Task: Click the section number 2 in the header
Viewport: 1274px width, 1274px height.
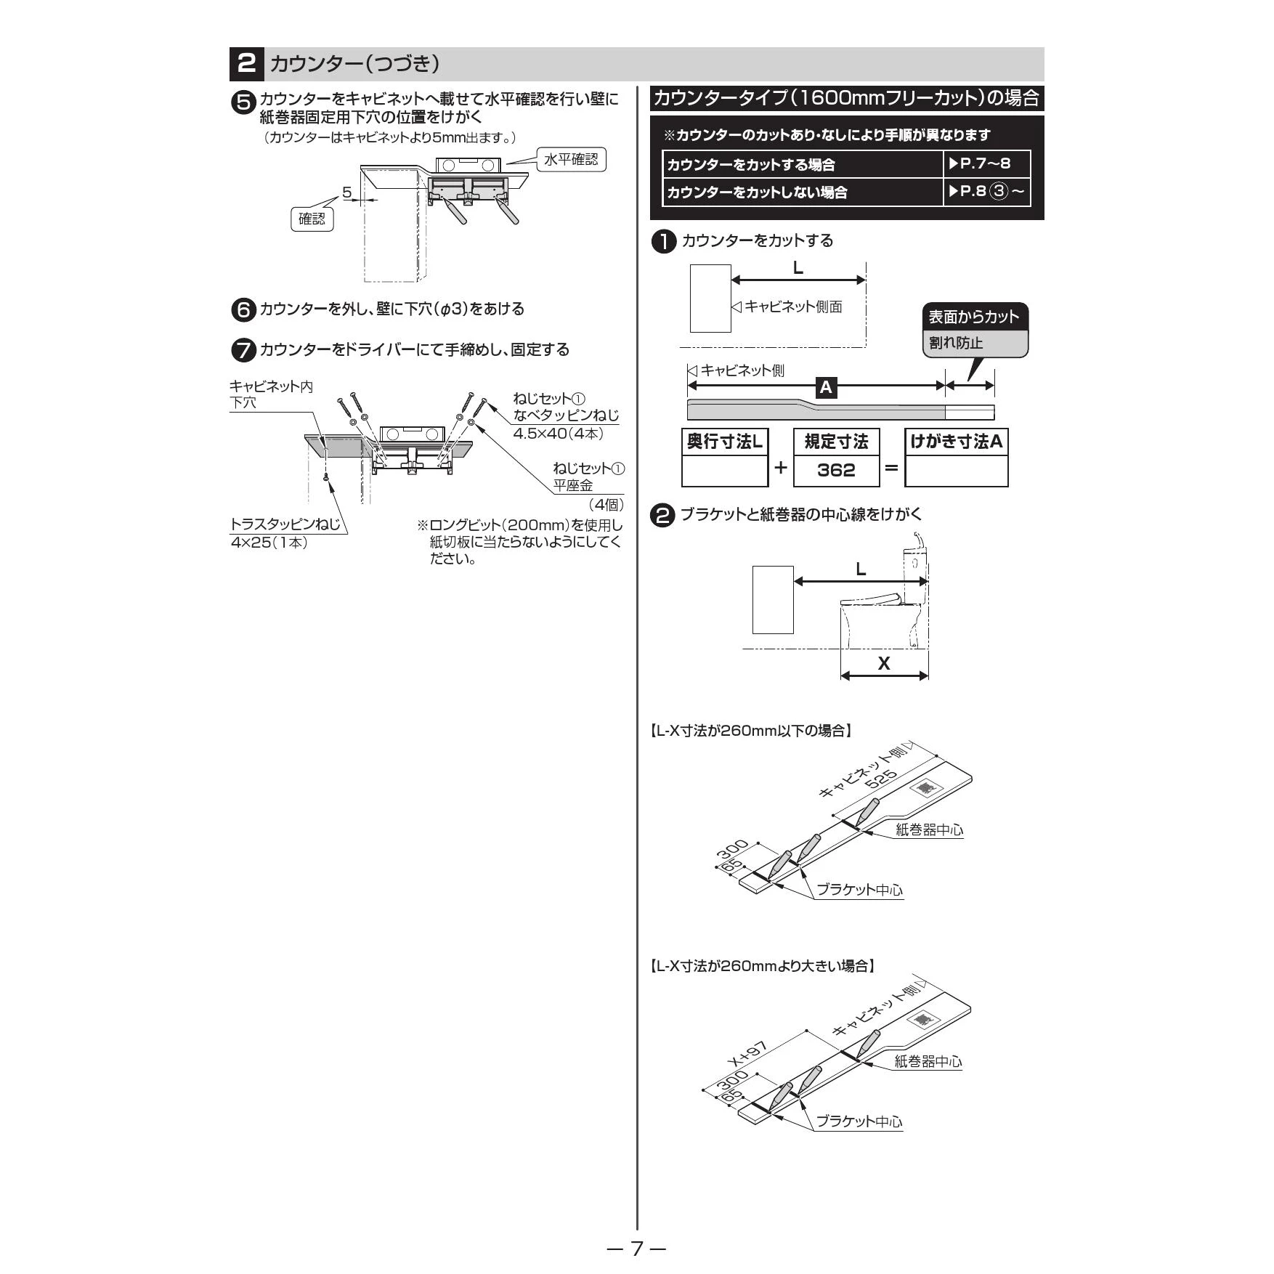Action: [246, 64]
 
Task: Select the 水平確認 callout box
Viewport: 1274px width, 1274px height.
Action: [571, 160]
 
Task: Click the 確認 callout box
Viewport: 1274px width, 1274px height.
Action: [312, 219]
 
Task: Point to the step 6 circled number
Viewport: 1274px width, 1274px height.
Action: [243, 310]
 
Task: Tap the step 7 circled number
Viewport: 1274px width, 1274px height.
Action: [243, 350]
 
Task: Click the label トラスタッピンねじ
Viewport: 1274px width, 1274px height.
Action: [285, 524]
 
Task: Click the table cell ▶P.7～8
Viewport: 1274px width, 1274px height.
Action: [986, 164]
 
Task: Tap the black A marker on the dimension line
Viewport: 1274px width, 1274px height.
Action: [825, 388]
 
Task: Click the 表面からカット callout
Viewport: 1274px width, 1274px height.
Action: [975, 317]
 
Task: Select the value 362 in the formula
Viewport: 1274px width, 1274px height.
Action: [836, 470]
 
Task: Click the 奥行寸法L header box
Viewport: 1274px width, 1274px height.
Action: [725, 442]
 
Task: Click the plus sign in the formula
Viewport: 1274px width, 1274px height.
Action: [781, 467]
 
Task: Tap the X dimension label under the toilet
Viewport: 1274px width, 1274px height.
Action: [884, 663]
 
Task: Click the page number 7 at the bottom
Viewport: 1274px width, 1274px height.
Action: [637, 1249]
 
